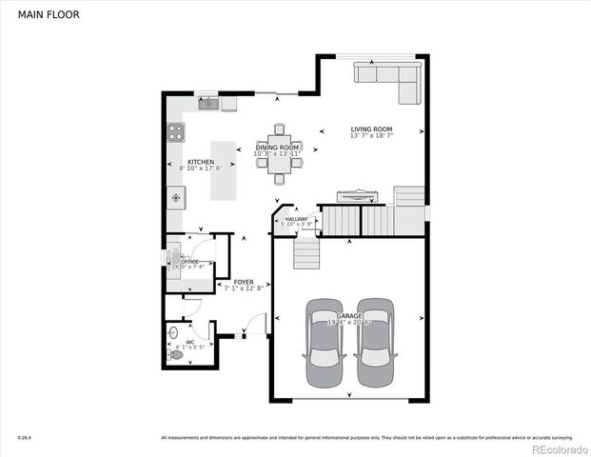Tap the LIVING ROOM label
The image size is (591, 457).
(x=371, y=129)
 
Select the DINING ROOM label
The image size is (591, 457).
(x=277, y=148)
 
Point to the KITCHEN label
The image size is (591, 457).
(x=200, y=163)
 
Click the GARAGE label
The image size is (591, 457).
(x=349, y=314)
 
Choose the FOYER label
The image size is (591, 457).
(x=244, y=282)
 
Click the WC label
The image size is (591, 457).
(x=190, y=341)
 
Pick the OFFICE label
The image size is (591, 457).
(x=190, y=260)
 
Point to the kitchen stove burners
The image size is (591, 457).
(x=176, y=130)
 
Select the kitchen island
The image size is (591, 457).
(x=223, y=171)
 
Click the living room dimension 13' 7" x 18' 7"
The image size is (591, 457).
(x=371, y=136)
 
